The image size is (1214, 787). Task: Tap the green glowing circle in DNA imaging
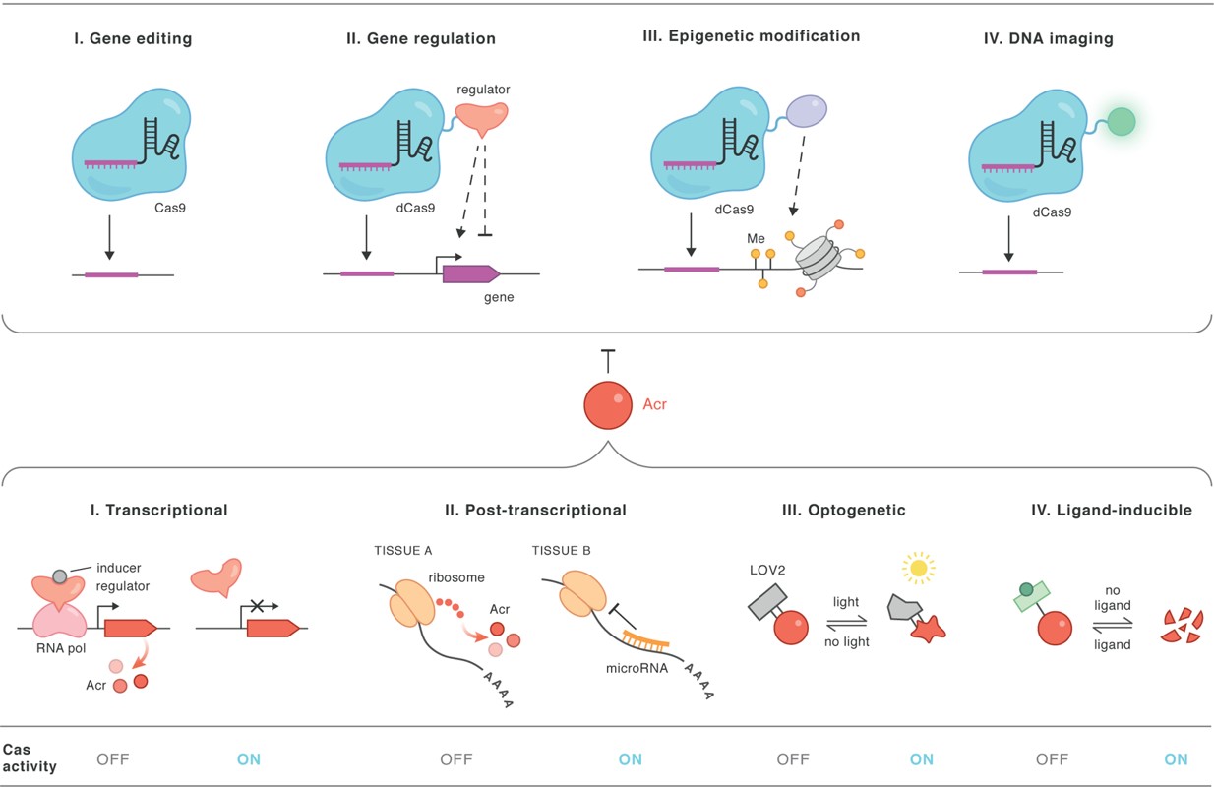(1121, 121)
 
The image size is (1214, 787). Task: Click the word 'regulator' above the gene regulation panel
(483, 90)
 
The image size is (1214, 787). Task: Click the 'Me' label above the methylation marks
(756, 238)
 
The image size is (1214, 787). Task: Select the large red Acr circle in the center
(609, 404)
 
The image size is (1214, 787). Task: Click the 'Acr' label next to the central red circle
(653, 404)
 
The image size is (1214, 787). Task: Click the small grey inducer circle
(60, 575)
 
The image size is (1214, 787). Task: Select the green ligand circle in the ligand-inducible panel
(1027, 590)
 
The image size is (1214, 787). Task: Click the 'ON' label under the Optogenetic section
(922, 759)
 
